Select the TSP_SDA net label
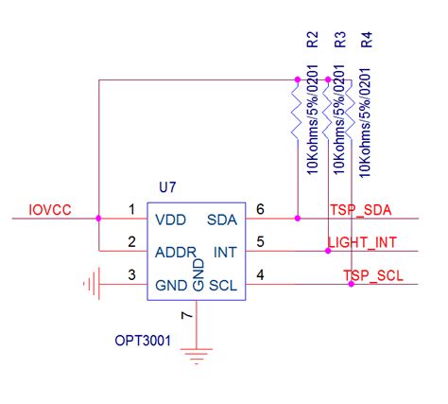tap(360, 209)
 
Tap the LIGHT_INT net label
tap(362, 243)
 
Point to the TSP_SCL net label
tap(372, 275)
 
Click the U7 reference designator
tap(168, 188)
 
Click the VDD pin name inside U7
tap(170, 220)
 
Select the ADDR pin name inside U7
tap(175, 253)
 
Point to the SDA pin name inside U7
tap(222, 220)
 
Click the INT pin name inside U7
tap(225, 253)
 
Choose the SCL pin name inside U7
tap(222, 285)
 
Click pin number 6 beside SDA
tap(261, 209)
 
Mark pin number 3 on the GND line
tap(131, 275)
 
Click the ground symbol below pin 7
tap(196, 358)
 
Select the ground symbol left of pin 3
tap(91, 284)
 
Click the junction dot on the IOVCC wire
tap(98, 219)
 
